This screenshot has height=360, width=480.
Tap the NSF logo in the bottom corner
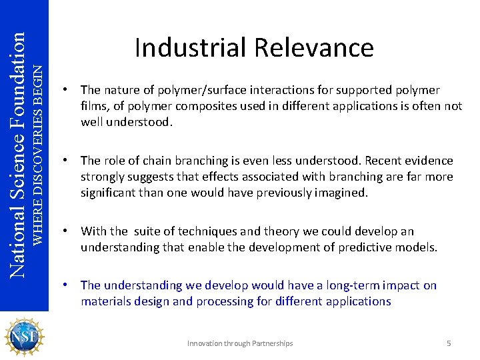[x=24, y=337]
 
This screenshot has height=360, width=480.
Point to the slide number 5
[x=449, y=343]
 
